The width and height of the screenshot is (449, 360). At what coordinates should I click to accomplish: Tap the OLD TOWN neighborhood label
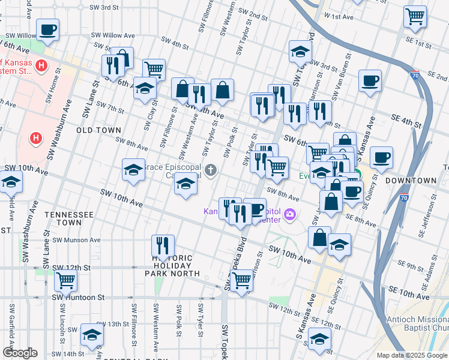99,130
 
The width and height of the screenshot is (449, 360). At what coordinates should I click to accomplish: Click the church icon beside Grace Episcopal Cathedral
210,171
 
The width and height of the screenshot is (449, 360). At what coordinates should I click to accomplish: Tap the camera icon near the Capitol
291,214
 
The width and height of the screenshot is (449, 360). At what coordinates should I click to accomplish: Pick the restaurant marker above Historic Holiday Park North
162,245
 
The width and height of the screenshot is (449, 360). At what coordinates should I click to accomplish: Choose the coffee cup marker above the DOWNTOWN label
381,157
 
